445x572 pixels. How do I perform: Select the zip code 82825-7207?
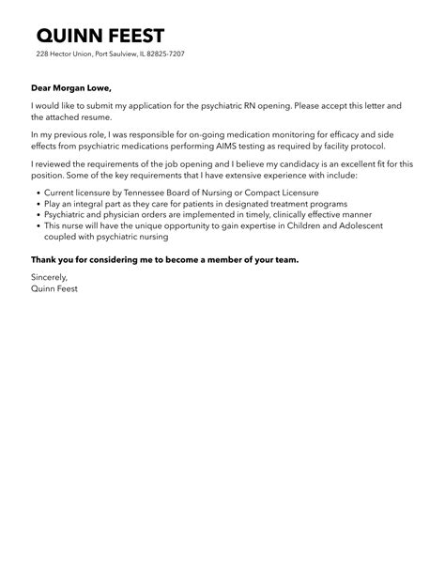tap(164, 54)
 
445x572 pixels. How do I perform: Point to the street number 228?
tap(42, 54)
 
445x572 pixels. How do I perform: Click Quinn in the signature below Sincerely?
tap(43, 289)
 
